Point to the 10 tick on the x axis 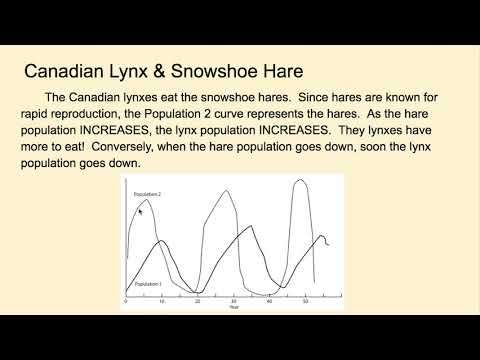tap(162, 301)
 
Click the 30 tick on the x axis tap(233, 301)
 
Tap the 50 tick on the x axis tap(305, 301)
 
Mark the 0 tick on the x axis tap(126, 301)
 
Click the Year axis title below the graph tap(232, 307)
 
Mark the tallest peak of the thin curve tap(299, 181)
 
